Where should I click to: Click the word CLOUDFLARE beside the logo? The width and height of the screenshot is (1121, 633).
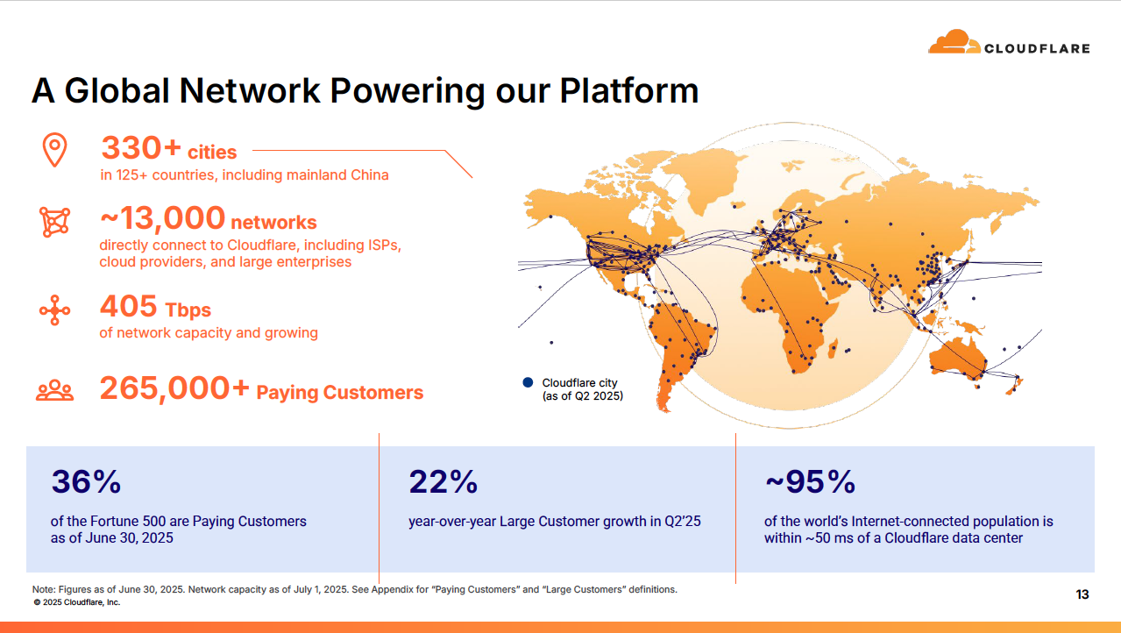1037,48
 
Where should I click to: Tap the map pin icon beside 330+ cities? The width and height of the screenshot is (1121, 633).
55,150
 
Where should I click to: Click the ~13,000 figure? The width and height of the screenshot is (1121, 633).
162,218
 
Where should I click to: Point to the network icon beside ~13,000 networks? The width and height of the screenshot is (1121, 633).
54,222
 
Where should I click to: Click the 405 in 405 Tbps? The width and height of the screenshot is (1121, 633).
128,306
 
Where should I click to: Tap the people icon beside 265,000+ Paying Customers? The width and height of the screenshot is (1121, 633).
54,390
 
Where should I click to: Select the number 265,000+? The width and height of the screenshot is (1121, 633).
174,388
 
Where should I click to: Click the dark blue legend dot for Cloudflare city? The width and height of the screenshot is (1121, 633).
528,382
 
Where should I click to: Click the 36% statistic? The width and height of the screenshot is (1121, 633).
85,481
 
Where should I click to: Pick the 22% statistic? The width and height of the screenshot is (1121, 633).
443,481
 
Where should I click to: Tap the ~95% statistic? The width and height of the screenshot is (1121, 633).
809,481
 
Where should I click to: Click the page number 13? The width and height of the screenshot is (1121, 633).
1082,594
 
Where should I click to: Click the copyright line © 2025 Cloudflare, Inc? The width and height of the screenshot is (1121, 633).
76,602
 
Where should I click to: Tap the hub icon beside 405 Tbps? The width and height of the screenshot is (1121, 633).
54,310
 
